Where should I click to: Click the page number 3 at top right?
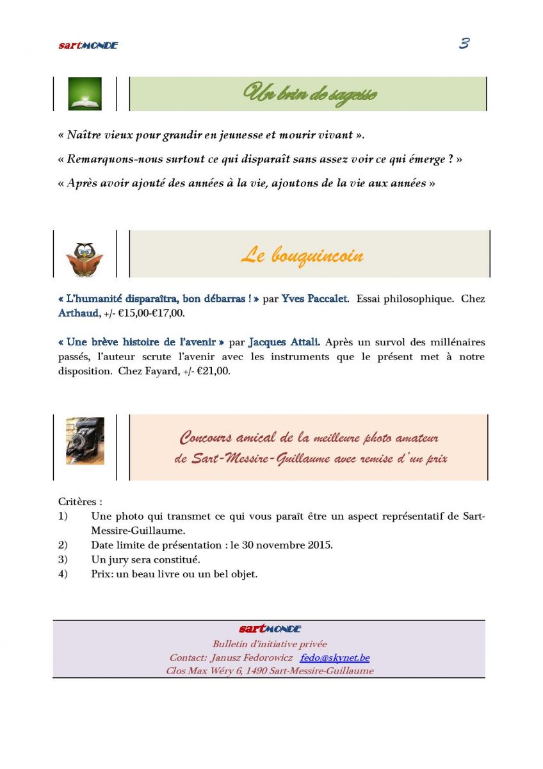464,44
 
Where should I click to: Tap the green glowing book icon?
85,94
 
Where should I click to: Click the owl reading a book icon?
85,259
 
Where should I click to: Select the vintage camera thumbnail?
85,441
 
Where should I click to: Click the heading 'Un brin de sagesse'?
311,94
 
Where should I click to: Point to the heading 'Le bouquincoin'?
302,256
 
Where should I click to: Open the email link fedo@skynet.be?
335,658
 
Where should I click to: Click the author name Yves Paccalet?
314,299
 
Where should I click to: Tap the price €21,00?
213,372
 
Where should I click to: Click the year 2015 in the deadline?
318,545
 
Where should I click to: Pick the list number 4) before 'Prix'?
63,574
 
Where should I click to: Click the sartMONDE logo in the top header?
88,45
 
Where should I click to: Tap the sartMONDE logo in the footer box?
270,629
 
